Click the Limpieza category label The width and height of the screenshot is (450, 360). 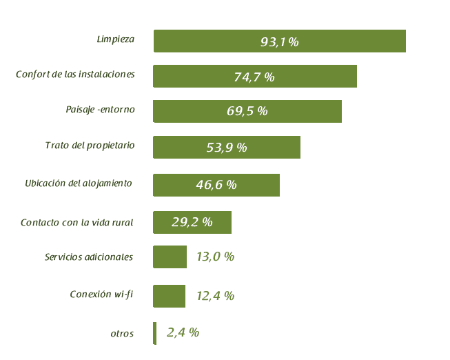point(115,39)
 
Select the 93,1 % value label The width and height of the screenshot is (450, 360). point(279,42)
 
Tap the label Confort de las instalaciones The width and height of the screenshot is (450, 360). point(75,74)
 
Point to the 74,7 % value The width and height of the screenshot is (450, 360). point(254,77)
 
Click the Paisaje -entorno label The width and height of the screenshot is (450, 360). point(100,110)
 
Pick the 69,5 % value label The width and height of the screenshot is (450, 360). point(247,111)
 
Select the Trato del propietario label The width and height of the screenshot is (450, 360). point(90,146)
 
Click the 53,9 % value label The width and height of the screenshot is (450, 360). point(226,148)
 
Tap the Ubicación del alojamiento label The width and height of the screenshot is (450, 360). point(78,183)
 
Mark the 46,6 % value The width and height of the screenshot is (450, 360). point(216,185)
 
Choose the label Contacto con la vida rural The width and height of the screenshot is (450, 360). point(76,223)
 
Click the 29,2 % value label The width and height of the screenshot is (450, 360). point(192,223)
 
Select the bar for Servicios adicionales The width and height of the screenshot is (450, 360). point(170,257)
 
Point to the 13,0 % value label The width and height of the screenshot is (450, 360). point(215,257)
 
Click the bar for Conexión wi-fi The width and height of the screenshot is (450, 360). point(169,296)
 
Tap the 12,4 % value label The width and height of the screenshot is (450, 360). point(215,296)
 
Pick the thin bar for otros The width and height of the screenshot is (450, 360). point(155,333)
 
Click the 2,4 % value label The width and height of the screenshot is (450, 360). point(183,332)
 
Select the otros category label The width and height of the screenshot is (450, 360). point(122,334)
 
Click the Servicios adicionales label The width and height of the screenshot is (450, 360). point(89,257)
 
